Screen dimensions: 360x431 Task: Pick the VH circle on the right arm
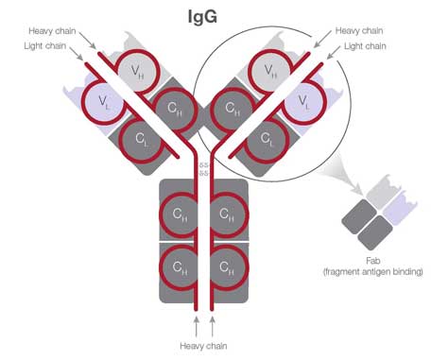(x=271, y=69)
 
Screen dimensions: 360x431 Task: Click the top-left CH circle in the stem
(x=180, y=214)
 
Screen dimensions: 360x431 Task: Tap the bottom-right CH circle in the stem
(x=227, y=267)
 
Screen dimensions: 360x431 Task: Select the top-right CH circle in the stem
(x=227, y=214)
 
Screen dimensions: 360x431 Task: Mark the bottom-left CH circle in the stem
(x=180, y=267)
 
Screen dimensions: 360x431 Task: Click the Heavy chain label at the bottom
(x=202, y=346)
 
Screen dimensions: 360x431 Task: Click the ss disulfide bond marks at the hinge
(x=202, y=169)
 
